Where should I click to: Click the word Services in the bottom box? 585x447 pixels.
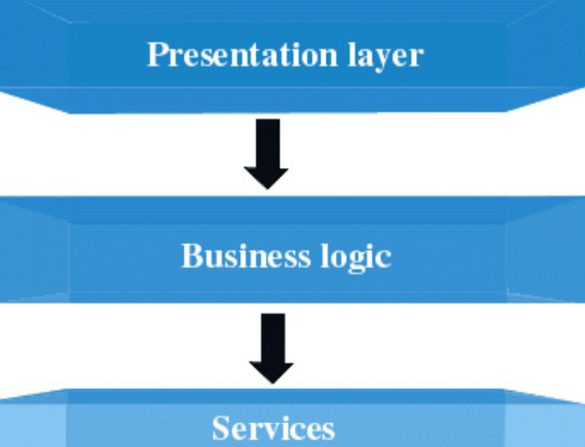[x=273, y=428]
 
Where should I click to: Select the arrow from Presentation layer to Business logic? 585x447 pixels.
[x=267, y=153]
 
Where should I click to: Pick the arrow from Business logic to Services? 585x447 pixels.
[x=272, y=347]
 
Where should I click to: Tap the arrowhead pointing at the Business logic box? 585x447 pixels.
[x=267, y=176]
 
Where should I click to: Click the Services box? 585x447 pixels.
[x=125, y=426]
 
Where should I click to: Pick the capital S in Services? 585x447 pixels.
[x=221, y=428]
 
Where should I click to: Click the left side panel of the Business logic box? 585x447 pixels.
[x=33, y=251]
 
